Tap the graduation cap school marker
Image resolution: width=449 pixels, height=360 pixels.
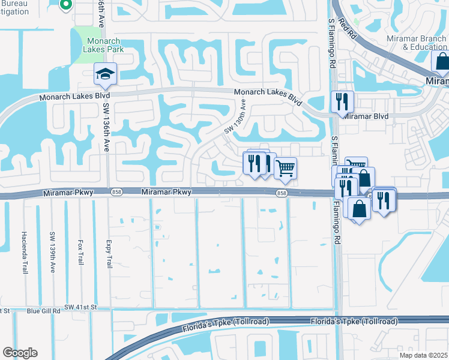point(105,75)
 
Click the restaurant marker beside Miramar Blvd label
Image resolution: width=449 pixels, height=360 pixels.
point(342,102)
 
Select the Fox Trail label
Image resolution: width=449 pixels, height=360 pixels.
point(80,250)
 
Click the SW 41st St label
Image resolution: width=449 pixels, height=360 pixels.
point(80,307)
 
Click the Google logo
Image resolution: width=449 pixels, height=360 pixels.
point(20,353)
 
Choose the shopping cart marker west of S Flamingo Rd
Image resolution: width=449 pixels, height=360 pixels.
point(286,168)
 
